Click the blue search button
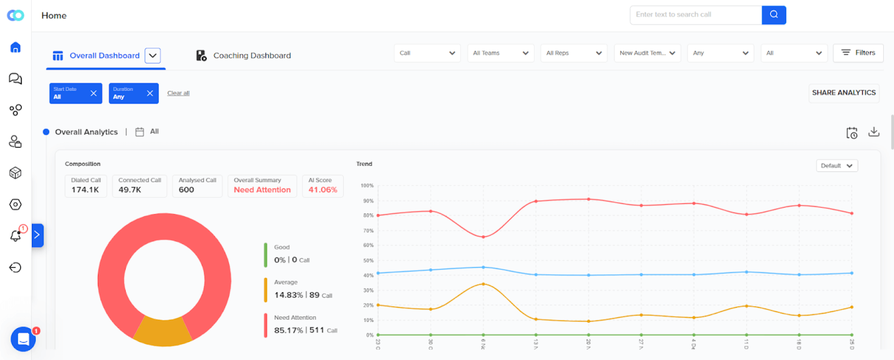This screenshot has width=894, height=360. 773,15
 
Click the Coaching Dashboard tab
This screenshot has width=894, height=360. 244,55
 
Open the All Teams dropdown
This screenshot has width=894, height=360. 500,53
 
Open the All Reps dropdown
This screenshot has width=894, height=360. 573,53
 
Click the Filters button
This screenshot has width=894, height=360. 858,53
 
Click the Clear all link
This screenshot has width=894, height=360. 178,93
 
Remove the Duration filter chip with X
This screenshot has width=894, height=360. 150,93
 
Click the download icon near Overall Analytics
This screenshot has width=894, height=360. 873,132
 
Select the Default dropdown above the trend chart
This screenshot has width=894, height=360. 836,165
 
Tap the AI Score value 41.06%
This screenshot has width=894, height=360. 322,190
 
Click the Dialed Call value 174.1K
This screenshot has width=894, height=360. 85,190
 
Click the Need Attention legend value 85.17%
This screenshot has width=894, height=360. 288,330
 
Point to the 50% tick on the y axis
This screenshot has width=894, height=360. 368,260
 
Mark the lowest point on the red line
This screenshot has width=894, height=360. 483,237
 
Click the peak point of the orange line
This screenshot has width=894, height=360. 483,284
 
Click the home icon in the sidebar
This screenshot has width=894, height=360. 16,48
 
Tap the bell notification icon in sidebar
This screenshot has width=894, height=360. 16,236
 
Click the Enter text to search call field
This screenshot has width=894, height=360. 695,15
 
